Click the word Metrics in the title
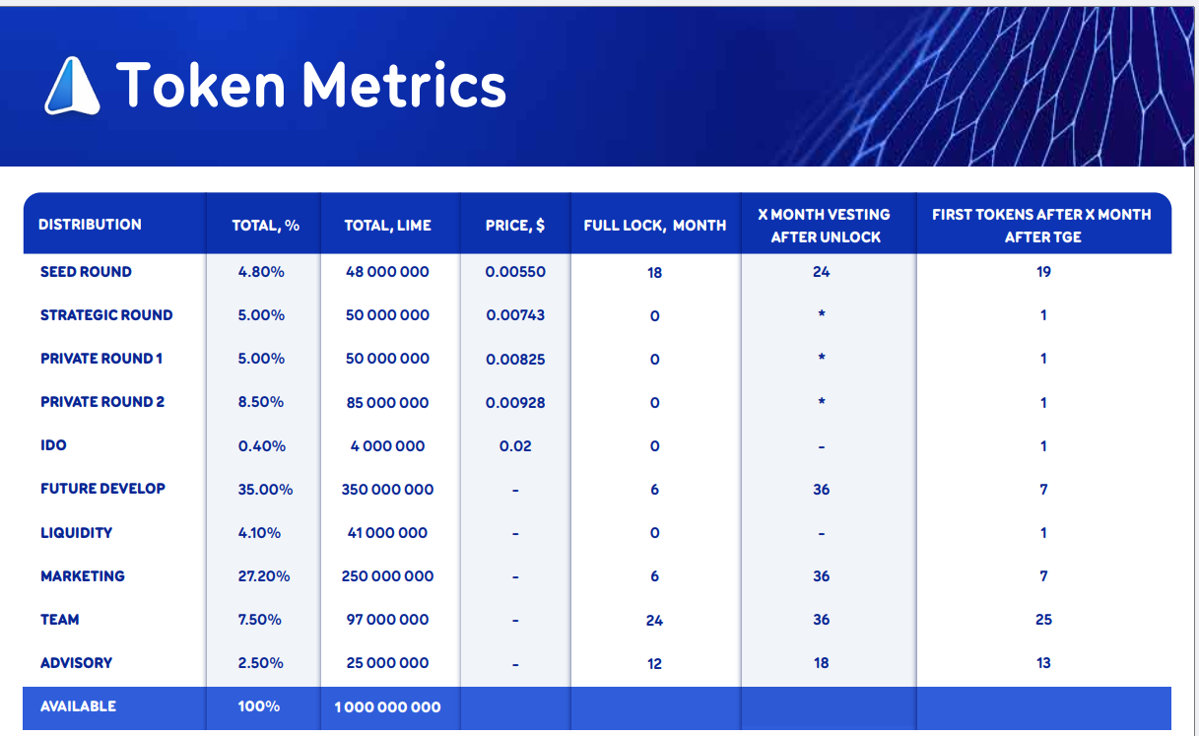point(404,85)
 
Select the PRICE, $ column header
point(515,226)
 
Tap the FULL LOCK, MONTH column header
point(654,226)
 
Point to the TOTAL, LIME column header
point(387,226)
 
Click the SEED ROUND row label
point(86,272)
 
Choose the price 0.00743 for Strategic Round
point(515,315)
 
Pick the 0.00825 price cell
point(515,360)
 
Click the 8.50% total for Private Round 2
point(261,402)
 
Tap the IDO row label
point(53,445)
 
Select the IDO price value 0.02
point(515,446)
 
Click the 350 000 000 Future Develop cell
point(387,490)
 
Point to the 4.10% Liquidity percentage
point(260,533)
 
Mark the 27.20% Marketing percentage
point(264,576)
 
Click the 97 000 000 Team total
point(387,620)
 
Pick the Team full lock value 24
point(654,621)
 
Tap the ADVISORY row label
point(77,663)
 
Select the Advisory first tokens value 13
point(1043,663)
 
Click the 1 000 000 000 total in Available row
point(387,707)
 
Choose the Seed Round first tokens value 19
point(1043,272)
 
